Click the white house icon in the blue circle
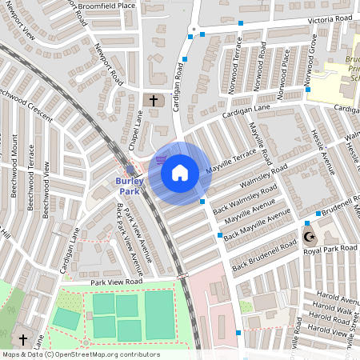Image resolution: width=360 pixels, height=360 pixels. (180, 172)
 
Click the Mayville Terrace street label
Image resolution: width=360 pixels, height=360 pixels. (231, 161)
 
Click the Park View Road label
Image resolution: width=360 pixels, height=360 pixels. (116, 282)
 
